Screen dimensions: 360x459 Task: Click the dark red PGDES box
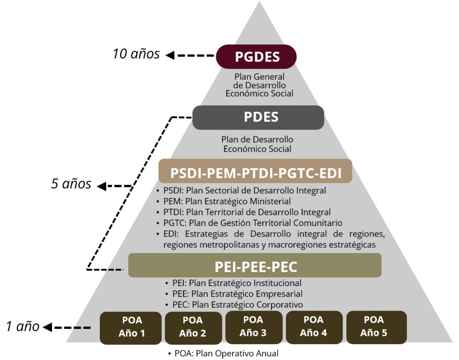(x=256, y=57)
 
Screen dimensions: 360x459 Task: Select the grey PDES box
(x=258, y=117)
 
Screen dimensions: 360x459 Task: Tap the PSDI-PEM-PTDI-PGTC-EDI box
(x=255, y=172)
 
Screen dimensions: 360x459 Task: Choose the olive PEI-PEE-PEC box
(x=255, y=266)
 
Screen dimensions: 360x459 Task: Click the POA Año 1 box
(x=131, y=327)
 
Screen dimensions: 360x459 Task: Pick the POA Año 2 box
(x=193, y=327)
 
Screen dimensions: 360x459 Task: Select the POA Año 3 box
(x=253, y=327)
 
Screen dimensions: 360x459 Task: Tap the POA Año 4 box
(x=314, y=327)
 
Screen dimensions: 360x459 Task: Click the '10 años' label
(x=136, y=54)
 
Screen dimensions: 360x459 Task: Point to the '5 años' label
(x=71, y=184)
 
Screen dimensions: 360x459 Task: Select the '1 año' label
(x=23, y=327)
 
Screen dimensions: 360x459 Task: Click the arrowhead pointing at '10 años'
(x=170, y=55)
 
